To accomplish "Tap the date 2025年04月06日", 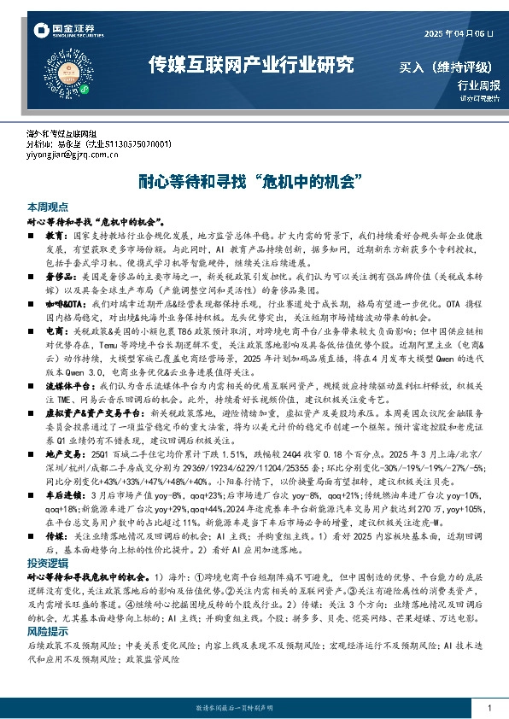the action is (x=459, y=32).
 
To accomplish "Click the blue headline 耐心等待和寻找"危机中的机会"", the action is (x=254, y=181).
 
